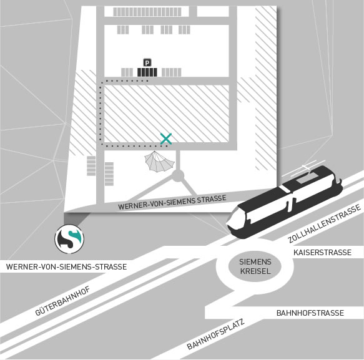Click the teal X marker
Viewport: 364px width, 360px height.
[165, 139]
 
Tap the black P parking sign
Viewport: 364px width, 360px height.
[147, 62]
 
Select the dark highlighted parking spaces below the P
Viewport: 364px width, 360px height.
[147, 72]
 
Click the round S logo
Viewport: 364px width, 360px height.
[69, 239]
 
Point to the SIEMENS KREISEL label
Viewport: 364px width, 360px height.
[255, 266]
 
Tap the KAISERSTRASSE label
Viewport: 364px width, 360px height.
[322, 252]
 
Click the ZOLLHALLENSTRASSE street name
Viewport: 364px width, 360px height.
[325, 223]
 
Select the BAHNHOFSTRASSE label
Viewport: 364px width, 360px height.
[310, 313]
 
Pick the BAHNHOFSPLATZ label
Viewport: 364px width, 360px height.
[216, 334]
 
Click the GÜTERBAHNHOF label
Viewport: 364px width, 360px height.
[62, 301]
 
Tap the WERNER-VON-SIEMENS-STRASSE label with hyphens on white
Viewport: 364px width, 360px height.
[66, 267]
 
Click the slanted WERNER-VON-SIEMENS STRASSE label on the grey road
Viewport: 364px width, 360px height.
[172, 202]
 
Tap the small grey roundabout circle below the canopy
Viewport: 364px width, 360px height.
[178, 175]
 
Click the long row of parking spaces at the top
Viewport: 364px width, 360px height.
[147, 12]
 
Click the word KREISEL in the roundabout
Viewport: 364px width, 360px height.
[255, 271]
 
